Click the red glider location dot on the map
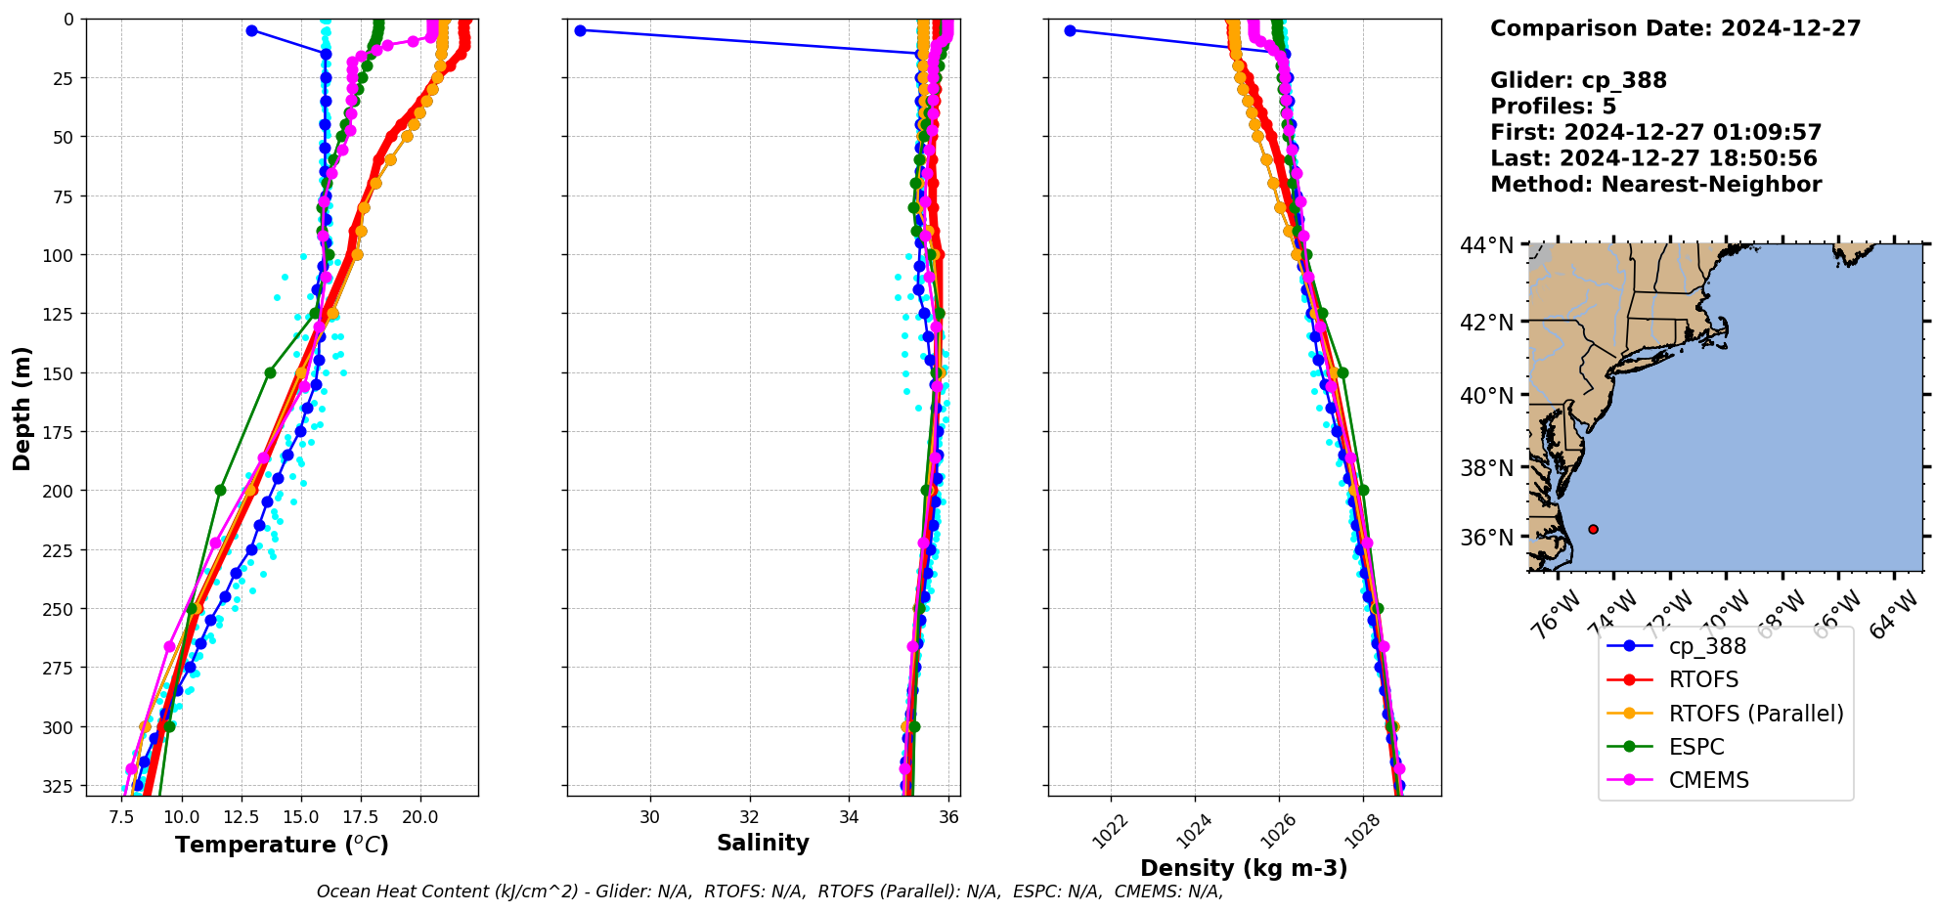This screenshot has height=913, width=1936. tap(1593, 529)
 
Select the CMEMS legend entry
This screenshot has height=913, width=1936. tap(1708, 780)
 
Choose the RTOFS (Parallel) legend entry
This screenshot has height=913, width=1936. tap(1755, 714)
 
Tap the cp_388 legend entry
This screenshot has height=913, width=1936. tap(1707, 646)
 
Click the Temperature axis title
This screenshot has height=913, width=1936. tap(282, 845)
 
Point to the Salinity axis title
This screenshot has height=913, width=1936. tap(763, 843)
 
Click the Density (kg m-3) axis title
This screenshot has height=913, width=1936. tap(1244, 868)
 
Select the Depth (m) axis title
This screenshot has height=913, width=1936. tap(22, 408)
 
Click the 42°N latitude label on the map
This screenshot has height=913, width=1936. tap(1486, 323)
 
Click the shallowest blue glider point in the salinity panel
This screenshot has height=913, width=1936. tap(580, 30)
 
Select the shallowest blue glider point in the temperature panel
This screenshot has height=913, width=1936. tap(251, 30)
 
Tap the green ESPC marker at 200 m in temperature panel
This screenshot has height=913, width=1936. tap(220, 490)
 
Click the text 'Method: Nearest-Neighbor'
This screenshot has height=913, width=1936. tap(1655, 185)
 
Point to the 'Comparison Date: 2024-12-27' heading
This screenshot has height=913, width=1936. tap(1675, 28)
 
